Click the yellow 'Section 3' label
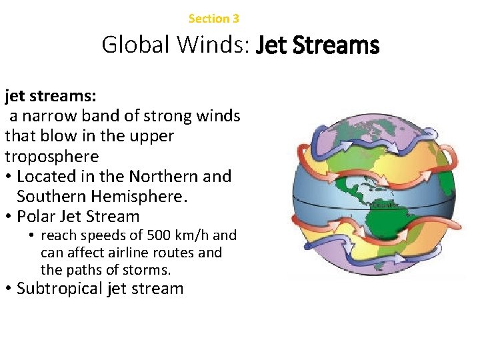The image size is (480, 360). [213, 19]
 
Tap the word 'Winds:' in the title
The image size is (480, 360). [210, 45]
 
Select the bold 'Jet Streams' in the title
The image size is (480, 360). [317, 45]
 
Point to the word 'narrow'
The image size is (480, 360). [51, 116]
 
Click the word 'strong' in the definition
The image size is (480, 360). [169, 116]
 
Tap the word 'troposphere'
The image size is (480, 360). [51, 157]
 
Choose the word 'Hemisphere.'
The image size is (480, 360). [139, 197]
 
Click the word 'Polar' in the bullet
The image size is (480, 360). [36, 217]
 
